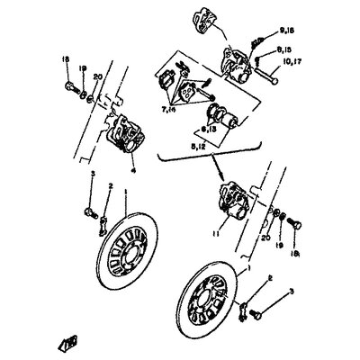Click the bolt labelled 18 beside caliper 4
pos(70,89)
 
